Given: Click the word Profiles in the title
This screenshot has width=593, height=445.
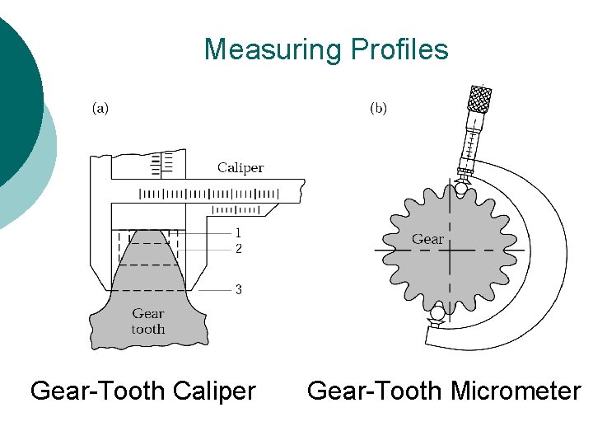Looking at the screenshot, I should [x=399, y=49].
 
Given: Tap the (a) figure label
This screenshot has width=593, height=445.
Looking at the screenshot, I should [x=100, y=108].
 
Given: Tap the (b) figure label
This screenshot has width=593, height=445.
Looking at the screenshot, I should [x=378, y=108].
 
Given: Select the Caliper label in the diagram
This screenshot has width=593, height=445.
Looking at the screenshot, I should [x=240, y=168].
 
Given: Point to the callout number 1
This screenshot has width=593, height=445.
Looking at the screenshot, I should [x=238, y=233].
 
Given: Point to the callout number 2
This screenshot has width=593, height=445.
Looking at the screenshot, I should [x=238, y=247].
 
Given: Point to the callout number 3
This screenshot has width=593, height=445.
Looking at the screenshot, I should [x=238, y=290].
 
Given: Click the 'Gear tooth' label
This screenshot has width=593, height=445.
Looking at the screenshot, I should [x=148, y=321].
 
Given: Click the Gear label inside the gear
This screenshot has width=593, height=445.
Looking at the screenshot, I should [x=427, y=239].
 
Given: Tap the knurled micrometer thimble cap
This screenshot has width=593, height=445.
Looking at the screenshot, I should [x=479, y=98].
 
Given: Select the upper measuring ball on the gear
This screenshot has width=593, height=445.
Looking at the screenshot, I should [x=460, y=189].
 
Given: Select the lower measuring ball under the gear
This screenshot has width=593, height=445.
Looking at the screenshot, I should [x=437, y=313].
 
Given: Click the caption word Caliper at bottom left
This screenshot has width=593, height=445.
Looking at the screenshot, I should [x=212, y=390].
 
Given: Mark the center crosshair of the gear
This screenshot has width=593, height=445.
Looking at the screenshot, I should [x=450, y=249].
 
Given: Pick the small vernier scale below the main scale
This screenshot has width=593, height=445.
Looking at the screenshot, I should [x=236, y=210].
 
